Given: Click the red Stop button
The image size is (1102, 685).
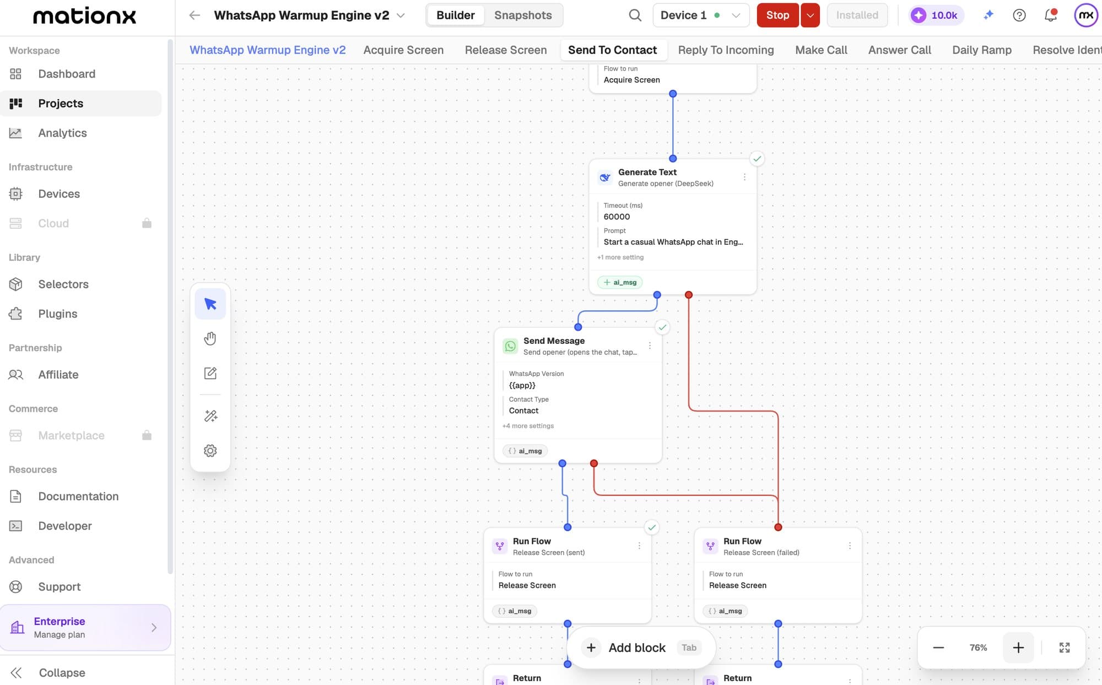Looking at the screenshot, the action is [x=777, y=15].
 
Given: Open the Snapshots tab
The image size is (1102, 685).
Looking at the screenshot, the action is [x=523, y=15].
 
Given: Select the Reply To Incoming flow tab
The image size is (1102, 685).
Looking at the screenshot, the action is [x=726, y=50].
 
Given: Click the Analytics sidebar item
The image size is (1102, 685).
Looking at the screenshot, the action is [x=62, y=133].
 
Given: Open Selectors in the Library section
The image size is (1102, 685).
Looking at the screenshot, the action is [x=63, y=284].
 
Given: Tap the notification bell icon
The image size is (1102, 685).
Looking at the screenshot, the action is [x=1051, y=15].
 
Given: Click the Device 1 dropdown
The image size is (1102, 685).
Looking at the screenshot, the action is [x=700, y=15].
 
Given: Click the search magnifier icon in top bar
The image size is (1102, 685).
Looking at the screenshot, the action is [x=635, y=15].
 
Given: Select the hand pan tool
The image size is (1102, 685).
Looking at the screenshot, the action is [x=210, y=338].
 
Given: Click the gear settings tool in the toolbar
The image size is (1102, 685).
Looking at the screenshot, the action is [x=210, y=451].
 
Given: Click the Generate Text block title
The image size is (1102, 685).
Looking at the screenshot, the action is [x=647, y=172].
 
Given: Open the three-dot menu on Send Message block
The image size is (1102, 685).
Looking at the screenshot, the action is [x=650, y=346].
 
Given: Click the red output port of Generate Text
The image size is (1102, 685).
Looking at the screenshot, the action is [x=689, y=295].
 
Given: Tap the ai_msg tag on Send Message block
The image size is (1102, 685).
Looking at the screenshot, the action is [x=525, y=451].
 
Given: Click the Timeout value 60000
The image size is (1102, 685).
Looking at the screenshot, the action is [x=617, y=217].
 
